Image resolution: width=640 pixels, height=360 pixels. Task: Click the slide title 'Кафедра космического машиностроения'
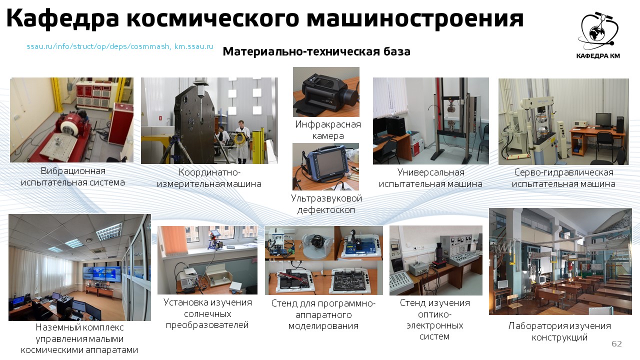point(264,18)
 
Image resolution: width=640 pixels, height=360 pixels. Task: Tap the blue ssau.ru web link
point(120,46)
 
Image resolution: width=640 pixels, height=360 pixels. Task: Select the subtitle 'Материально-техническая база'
point(316,51)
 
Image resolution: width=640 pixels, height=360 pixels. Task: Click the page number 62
point(617,343)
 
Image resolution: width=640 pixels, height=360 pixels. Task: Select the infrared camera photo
point(326,92)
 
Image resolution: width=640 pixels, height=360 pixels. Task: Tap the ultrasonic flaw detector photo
point(325,167)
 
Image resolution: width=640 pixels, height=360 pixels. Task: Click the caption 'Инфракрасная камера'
point(328,130)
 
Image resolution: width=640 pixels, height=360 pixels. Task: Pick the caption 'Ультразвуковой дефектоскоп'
point(326,204)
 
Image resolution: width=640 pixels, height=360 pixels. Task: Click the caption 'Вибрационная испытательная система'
point(73,176)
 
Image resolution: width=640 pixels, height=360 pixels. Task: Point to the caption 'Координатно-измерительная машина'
point(209,178)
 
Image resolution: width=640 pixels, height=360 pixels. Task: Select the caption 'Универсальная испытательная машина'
point(430,178)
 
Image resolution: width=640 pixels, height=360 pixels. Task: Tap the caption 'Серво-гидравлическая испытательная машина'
point(563,178)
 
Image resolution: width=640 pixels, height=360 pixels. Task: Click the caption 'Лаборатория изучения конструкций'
point(559,331)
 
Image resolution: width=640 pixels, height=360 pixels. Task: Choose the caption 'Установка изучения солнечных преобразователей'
point(207,313)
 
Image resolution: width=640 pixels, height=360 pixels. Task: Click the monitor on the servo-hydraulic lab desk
point(603,120)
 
